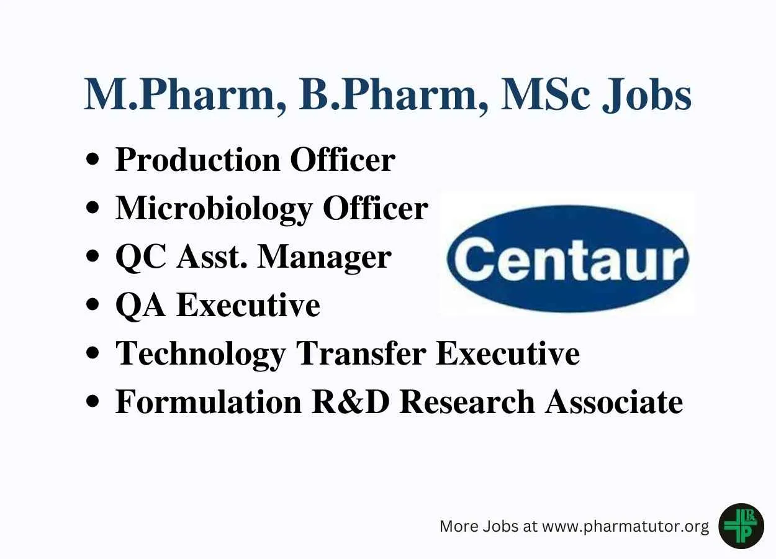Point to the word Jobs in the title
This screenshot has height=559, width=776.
click(x=646, y=95)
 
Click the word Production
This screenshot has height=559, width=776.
click(x=197, y=160)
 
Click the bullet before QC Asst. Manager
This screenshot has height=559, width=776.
click(x=92, y=257)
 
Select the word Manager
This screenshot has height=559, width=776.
click(x=325, y=258)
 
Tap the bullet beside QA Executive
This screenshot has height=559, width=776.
click(x=92, y=306)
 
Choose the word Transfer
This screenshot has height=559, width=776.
click(x=361, y=353)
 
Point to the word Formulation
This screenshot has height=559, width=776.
click(x=208, y=402)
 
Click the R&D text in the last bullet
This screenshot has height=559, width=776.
click(x=351, y=402)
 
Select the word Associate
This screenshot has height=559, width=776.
click(x=614, y=402)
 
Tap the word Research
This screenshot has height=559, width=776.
click(x=467, y=402)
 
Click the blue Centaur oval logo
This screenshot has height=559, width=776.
click(x=567, y=258)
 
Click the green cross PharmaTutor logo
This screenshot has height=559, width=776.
click(x=741, y=526)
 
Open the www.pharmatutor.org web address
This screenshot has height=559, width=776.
click(x=625, y=527)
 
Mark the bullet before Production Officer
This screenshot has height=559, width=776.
click(x=92, y=160)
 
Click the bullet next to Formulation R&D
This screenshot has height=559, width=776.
click(x=92, y=402)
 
